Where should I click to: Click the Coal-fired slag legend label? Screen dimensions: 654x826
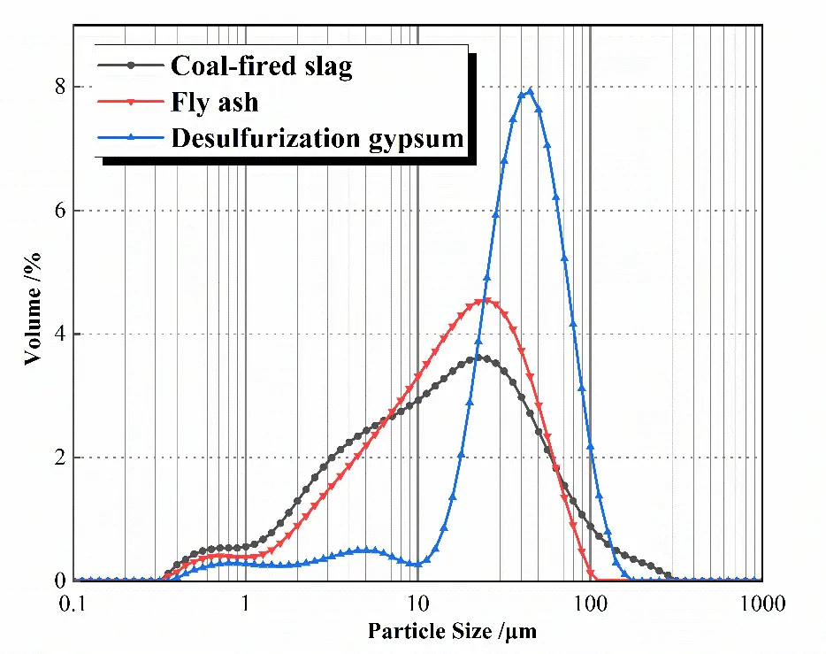(x=262, y=66)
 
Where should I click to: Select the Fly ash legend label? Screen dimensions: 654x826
(x=215, y=102)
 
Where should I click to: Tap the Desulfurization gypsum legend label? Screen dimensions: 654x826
(x=317, y=137)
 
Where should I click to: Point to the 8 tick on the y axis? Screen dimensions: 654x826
(x=61, y=87)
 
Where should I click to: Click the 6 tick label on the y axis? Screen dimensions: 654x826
(x=61, y=211)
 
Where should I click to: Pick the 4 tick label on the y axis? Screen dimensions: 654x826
(x=61, y=335)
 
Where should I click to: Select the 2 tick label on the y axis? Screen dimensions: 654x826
(x=61, y=458)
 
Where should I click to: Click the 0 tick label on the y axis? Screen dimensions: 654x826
(x=61, y=581)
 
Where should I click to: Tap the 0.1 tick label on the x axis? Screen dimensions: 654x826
(x=74, y=604)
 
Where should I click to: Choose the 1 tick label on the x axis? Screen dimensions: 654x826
(x=246, y=604)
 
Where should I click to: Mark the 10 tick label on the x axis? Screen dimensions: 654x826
(x=417, y=604)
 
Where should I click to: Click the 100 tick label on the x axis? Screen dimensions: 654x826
(x=590, y=604)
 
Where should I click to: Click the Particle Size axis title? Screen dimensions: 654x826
(x=452, y=632)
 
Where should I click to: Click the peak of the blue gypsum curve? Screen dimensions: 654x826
(x=530, y=90)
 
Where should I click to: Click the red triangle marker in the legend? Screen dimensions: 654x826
(x=131, y=102)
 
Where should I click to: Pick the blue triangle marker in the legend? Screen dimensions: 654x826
(x=131, y=137)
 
